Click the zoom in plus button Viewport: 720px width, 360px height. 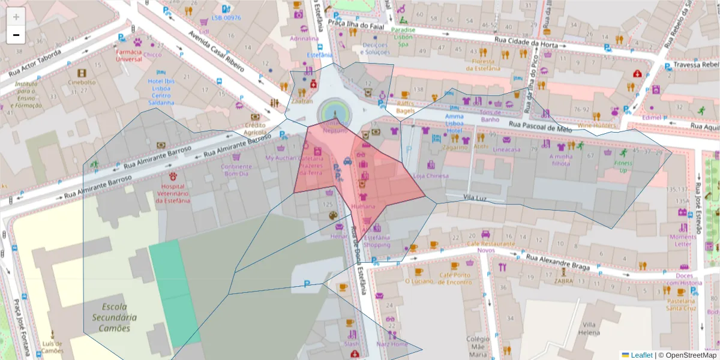point(16,17)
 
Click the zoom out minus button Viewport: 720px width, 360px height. point(16,35)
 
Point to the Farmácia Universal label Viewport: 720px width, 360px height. point(128,56)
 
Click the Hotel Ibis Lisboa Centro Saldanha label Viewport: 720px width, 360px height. point(161,92)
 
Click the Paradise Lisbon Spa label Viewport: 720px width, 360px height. point(403,37)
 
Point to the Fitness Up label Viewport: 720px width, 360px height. point(623,167)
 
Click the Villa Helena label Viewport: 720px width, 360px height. point(589,328)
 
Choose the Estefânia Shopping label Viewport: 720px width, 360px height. point(377,241)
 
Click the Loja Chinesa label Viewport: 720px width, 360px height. point(431,176)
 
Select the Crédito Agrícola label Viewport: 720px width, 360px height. point(255,128)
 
